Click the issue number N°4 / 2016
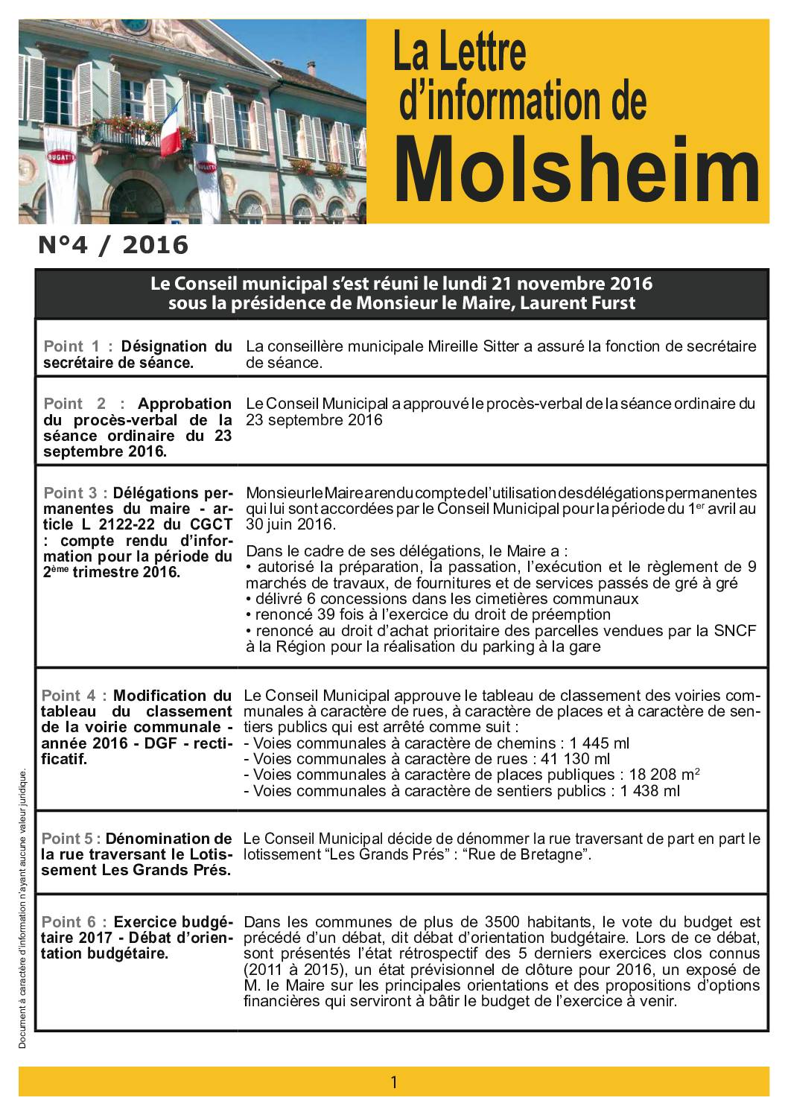pyautogui.click(x=112, y=244)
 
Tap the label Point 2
pyautogui.click(x=74, y=404)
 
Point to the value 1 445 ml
pyautogui.click(x=599, y=743)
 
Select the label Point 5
pyautogui.click(x=72, y=839)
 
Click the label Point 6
pyautogui.click(x=72, y=922)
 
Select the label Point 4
pyautogui.click(x=74, y=696)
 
